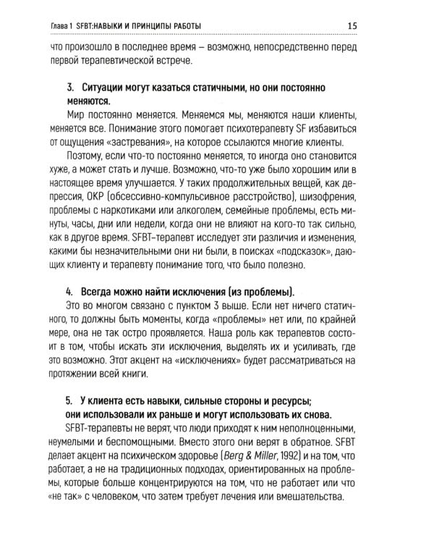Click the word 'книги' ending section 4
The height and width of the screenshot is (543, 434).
click(133, 374)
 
